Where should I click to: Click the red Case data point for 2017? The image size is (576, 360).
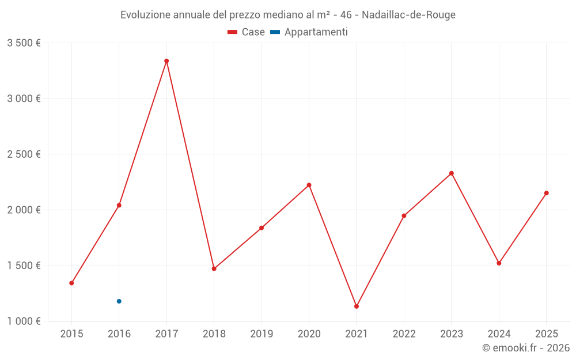click(166, 61)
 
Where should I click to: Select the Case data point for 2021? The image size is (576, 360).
click(357, 306)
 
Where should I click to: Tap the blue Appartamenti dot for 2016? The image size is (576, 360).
click(119, 301)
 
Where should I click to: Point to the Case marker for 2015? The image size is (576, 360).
click(71, 283)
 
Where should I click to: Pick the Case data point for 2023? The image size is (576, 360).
click(452, 173)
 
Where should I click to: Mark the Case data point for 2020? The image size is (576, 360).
click(309, 185)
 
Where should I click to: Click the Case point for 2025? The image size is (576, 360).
click(546, 193)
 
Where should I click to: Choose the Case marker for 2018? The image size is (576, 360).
click(214, 268)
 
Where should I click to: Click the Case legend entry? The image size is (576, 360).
click(247, 32)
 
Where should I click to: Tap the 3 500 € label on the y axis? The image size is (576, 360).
click(24, 43)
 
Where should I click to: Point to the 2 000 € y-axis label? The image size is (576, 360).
click(24, 210)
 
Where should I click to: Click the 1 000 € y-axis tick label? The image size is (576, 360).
click(24, 321)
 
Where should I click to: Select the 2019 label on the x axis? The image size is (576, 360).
click(262, 334)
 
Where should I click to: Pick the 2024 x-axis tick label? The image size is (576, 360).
click(499, 334)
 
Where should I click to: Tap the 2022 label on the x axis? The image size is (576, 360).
click(404, 334)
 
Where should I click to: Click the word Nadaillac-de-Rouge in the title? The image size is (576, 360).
click(408, 15)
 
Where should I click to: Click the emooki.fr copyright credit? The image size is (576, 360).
click(526, 348)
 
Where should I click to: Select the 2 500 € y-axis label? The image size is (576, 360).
click(24, 154)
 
